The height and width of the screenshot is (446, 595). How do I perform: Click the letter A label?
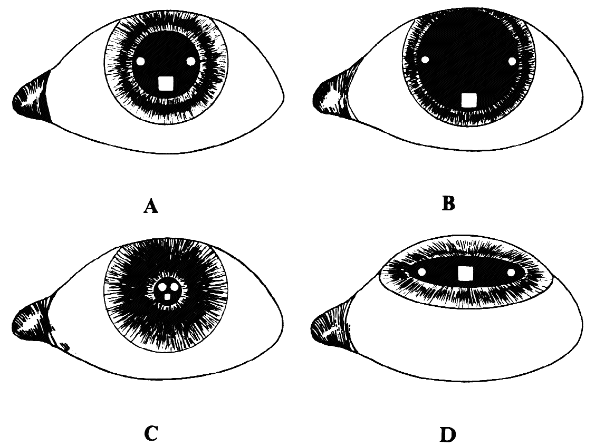tap(151, 207)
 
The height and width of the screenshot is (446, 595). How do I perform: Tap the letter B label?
tap(448, 204)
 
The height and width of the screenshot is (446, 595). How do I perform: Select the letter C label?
tap(151, 434)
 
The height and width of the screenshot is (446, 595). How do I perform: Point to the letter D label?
tap(448, 435)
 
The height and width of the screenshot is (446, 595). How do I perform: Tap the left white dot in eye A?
tap(140, 61)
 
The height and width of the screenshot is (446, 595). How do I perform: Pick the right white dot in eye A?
tap(191, 61)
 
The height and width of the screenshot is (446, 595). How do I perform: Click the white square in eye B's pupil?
tap(468, 101)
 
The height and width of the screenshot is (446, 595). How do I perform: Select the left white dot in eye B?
tap(425, 60)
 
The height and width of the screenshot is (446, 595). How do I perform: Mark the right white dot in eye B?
tap(512, 61)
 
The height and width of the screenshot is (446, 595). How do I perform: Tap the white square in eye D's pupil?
tap(464, 273)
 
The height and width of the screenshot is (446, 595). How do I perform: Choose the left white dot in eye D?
tap(421, 272)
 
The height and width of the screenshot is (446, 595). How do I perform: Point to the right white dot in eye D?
tap(511, 273)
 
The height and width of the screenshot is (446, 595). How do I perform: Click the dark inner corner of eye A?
tap(32, 98)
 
